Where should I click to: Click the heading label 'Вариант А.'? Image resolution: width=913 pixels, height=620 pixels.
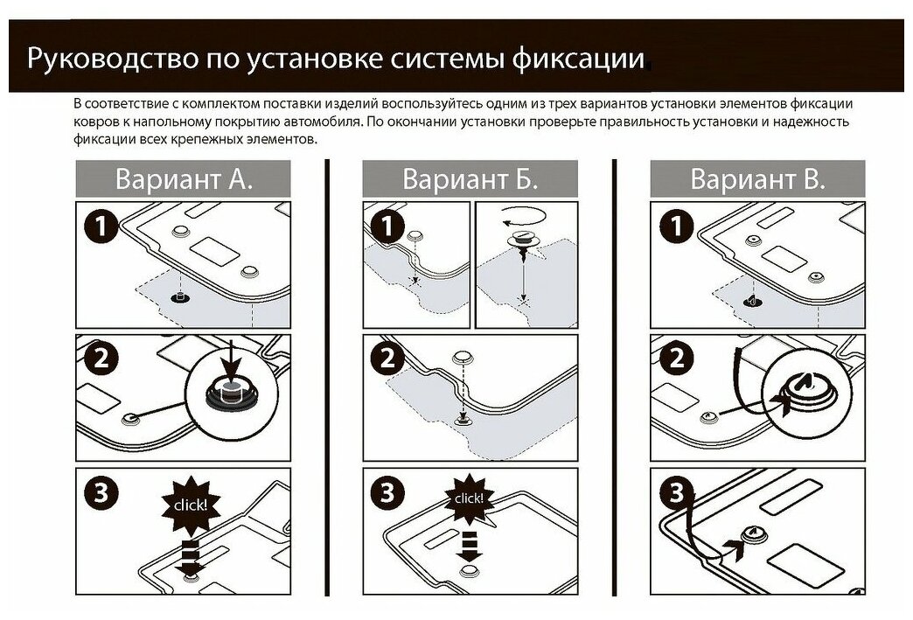point(184,179)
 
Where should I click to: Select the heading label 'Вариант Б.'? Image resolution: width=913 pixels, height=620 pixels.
point(470,179)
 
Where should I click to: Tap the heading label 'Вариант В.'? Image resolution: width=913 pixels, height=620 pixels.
point(757,179)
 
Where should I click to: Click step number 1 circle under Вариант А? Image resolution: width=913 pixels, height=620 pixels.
point(101,227)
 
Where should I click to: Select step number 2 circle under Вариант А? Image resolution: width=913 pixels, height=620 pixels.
point(101,359)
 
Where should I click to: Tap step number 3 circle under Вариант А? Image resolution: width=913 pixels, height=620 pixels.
point(101,492)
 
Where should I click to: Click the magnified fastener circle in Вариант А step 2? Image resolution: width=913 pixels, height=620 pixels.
point(229,393)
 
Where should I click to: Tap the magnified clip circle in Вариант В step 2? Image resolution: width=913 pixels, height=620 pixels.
point(802,391)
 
